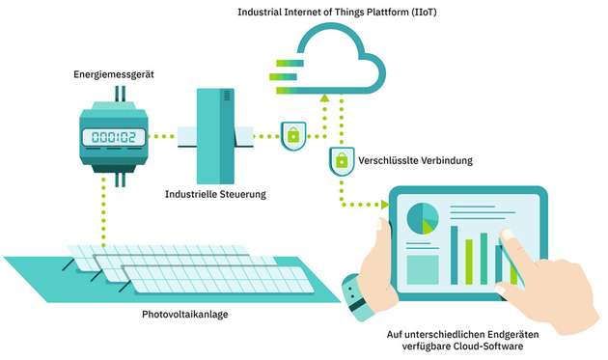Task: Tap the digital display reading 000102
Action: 113,136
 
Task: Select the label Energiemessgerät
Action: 113,73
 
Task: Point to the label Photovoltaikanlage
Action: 182,315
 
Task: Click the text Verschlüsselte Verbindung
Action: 415,160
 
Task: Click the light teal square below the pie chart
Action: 423,268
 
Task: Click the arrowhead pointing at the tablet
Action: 383,205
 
